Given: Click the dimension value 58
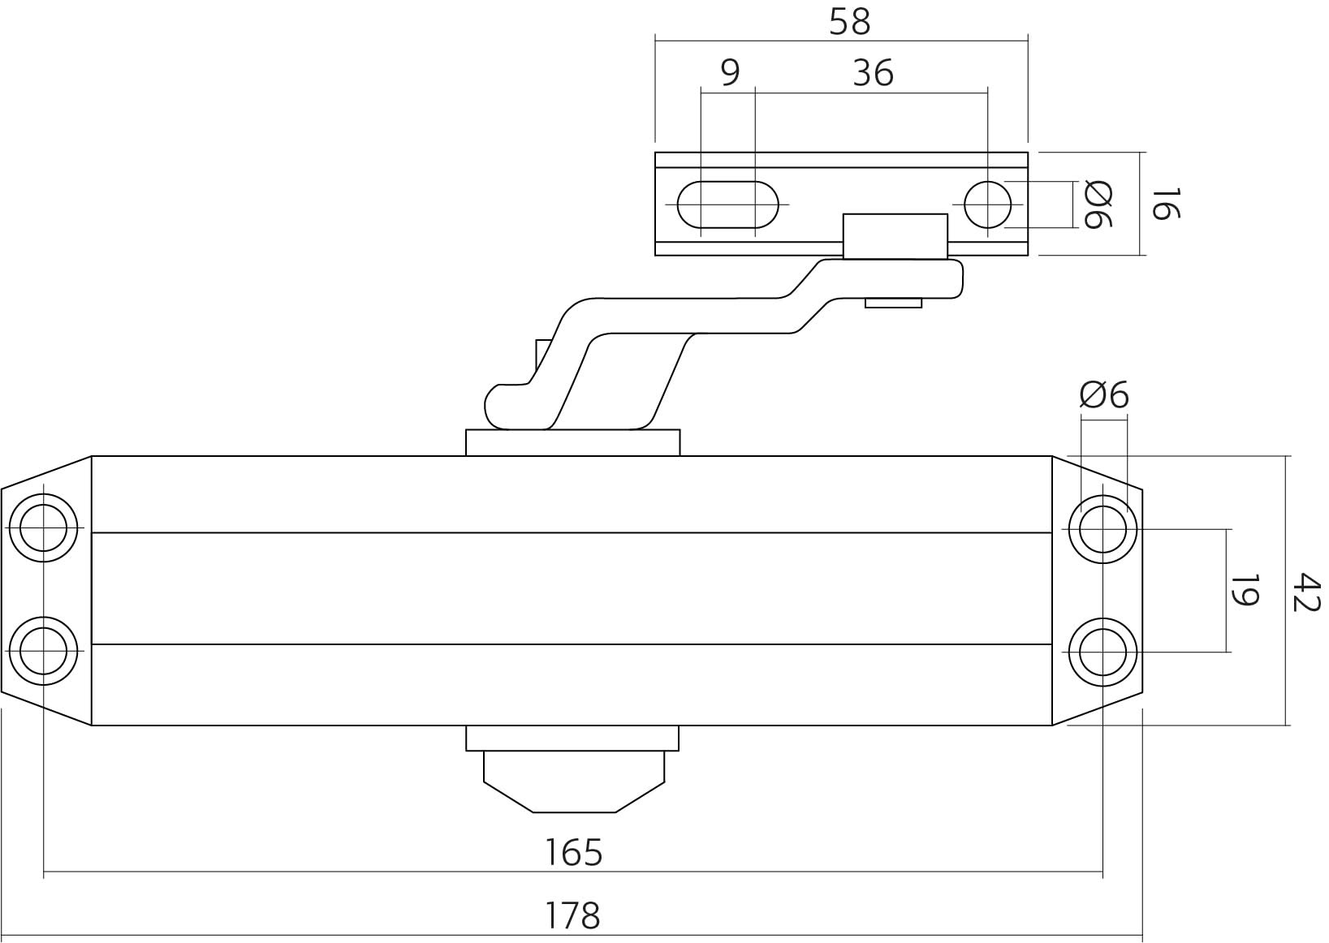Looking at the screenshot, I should (x=849, y=22).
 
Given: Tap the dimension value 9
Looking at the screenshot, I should (x=730, y=73).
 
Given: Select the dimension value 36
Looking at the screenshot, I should (x=873, y=73).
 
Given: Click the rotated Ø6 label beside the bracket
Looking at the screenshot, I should (x=1098, y=205).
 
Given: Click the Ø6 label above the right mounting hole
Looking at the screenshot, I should (x=1104, y=395).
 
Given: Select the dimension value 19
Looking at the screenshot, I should (x=1244, y=590).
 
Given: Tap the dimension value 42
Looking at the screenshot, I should (x=1306, y=592).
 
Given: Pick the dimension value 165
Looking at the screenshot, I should (x=573, y=853).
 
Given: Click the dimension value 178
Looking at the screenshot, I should (x=572, y=915).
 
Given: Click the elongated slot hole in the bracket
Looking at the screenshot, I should (x=727, y=205).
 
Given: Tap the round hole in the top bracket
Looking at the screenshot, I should (x=987, y=205).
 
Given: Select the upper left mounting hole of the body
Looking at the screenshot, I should (x=43, y=527).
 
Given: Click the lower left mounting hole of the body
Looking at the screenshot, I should (x=43, y=650).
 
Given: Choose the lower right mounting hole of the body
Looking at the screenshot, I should (x=1102, y=651).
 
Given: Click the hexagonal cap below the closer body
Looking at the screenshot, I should (x=573, y=781).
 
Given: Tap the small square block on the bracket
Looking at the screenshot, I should (x=895, y=236).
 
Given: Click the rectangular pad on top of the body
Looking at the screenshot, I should (x=572, y=443).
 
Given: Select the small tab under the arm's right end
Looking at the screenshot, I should (x=893, y=304).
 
